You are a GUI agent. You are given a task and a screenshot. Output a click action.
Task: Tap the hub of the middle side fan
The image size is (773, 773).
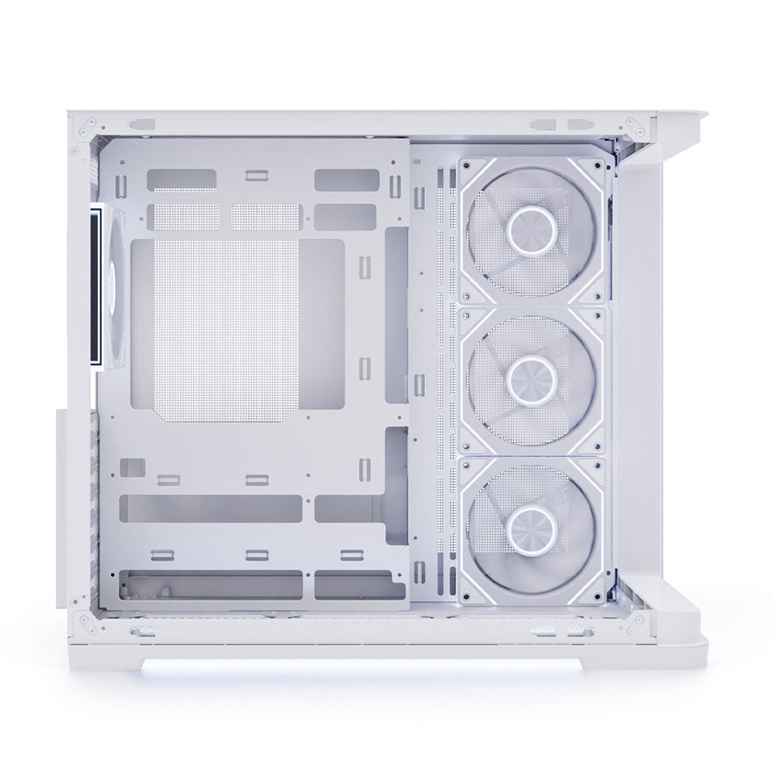click(x=531, y=376)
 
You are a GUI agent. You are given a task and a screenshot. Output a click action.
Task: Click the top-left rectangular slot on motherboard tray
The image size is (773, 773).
click(x=181, y=180)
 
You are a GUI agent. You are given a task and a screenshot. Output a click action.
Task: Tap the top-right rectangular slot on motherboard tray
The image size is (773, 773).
click(x=346, y=180)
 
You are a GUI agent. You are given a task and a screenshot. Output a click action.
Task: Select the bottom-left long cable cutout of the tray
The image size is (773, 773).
click(x=210, y=509)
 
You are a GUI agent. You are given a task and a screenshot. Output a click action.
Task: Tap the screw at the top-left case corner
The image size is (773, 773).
click(x=92, y=121)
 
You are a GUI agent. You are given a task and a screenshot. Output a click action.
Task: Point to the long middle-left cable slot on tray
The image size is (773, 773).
click(x=210, y=509)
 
